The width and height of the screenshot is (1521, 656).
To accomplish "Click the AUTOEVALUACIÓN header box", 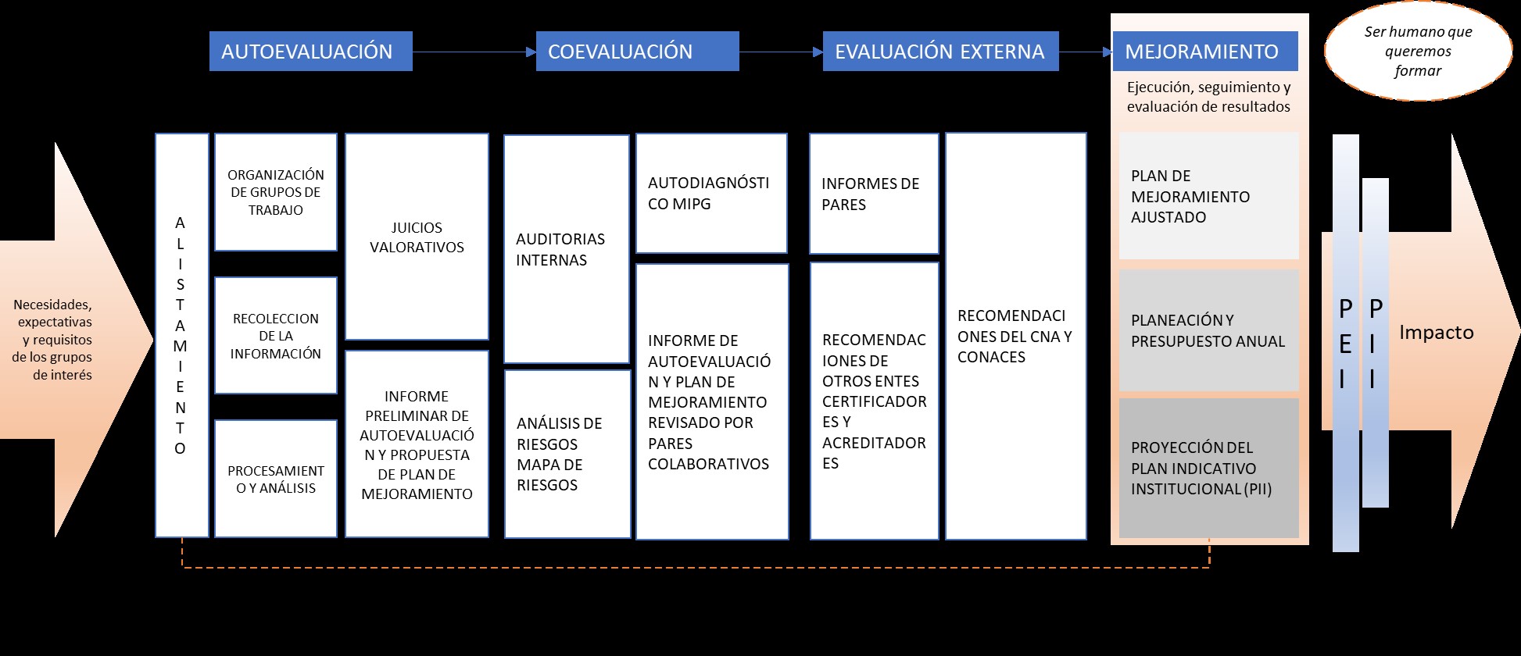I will pyautogui.click(x=310, y=52).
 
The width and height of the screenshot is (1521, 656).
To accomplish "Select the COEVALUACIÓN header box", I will pyautogui.click(x=637, y=52).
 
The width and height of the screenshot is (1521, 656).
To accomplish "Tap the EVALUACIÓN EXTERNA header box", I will pyautogui.click(x=940, y=52).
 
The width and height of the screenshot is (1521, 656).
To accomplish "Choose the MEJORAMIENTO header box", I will pyautogui.click(x=1204, y=52).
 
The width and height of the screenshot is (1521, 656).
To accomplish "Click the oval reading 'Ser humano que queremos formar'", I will pyautogui.click(x=1418, y=52).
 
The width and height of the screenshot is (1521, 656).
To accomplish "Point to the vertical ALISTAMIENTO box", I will pyautogui.click(x=181, y=335).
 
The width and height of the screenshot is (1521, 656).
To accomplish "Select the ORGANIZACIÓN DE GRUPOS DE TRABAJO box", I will pyautogui.click(x=276, y=192).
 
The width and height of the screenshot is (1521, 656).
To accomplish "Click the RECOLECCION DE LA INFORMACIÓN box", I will pyautogui.click(x=276, y=336).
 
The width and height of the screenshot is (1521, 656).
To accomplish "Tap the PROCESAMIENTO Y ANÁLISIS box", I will pyautogui.click(x=276, y=479).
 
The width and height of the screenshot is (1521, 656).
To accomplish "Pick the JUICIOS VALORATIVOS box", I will pyautogui.click(x=417, y=237).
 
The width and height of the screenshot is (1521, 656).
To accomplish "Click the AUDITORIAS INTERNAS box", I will pyautogui.click(x=566, y=249).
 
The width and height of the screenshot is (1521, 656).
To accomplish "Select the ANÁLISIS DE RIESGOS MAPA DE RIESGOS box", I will pyautogui.click(x=567, y=454).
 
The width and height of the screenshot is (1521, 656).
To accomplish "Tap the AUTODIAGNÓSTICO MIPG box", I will pyautogui.click(x=710, y=194).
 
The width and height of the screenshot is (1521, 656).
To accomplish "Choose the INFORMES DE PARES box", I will pyautogui.click(x=873, y=194).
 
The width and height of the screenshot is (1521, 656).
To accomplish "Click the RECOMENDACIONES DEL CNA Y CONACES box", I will pyautogui.click(x=1015, y=336).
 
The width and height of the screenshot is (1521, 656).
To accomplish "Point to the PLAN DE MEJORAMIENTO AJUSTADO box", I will pyautogui.click(x=1208, y=196).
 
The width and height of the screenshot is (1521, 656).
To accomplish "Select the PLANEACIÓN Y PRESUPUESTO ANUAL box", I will pyautogui.click(x=1208, y=330).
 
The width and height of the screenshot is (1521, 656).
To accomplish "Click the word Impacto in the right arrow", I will pyautogui.click(x=1436, y=333).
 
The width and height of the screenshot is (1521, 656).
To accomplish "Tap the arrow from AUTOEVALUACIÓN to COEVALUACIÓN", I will pyautogui.click(x=474, y=52).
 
